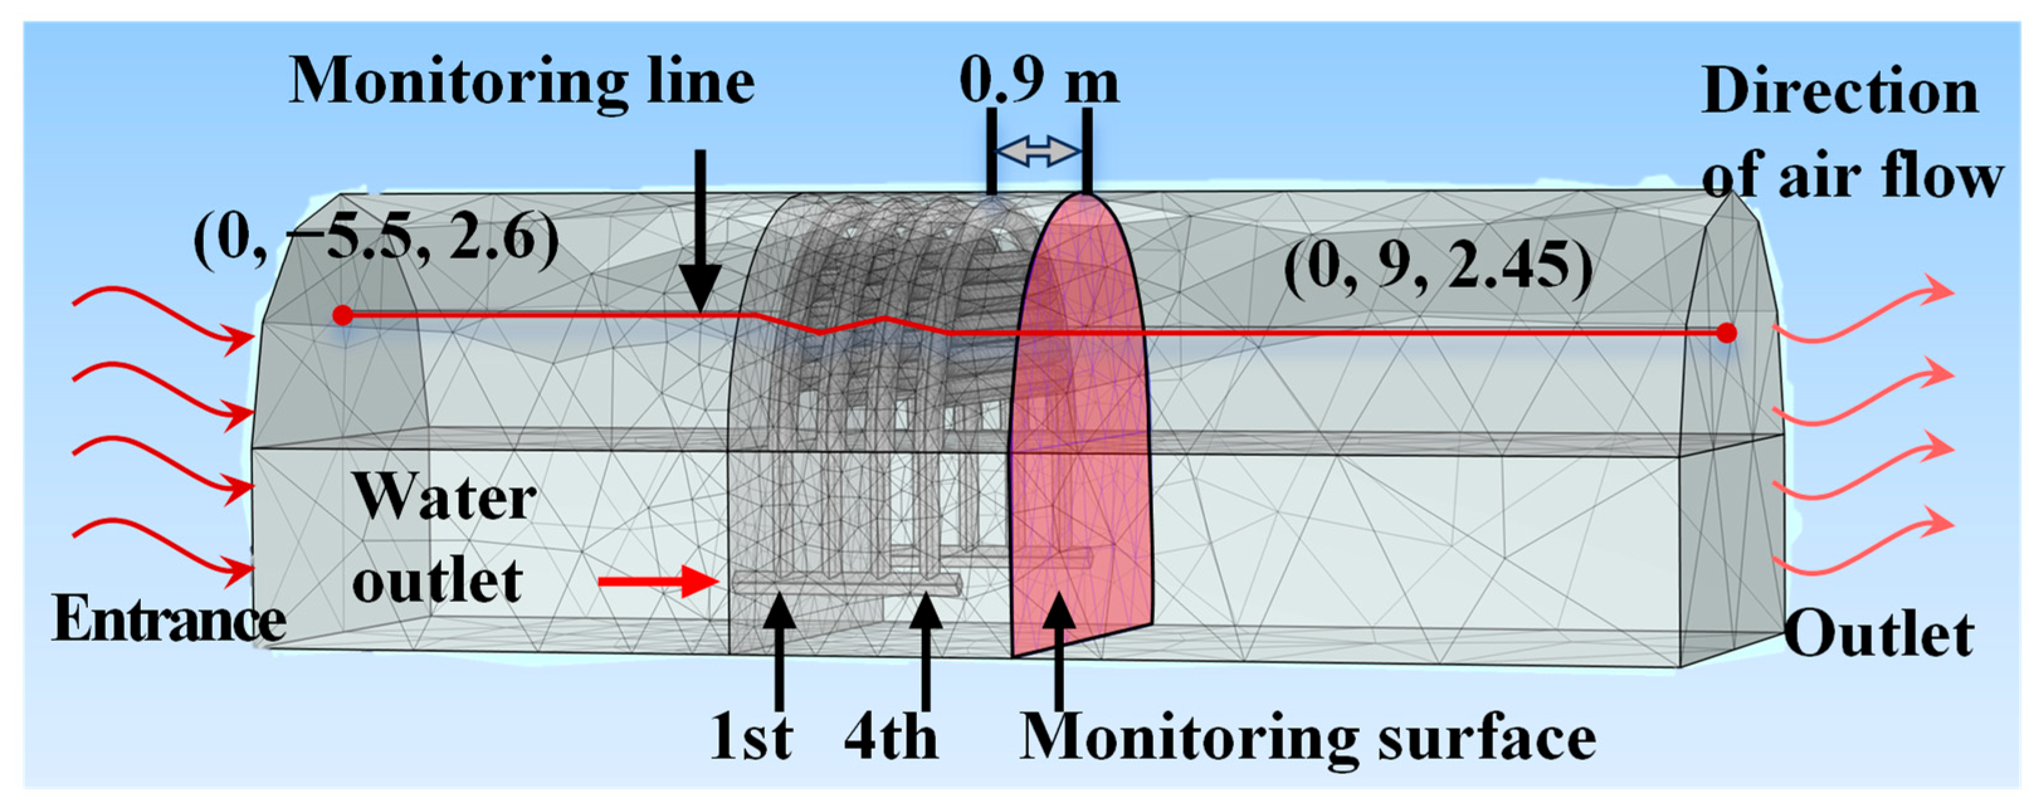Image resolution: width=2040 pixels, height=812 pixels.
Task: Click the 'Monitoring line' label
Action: click(521, 83)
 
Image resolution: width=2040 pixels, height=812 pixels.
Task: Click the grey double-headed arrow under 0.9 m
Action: click(1038, 151)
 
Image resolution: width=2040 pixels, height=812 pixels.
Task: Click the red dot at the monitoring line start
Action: click(342, 315)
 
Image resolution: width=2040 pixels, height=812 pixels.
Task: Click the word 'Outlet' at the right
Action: click(1878, 635)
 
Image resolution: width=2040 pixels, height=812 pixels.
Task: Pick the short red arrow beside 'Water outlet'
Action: click(657, 584)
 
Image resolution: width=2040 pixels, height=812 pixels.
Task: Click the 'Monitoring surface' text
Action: click(1307, 738)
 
